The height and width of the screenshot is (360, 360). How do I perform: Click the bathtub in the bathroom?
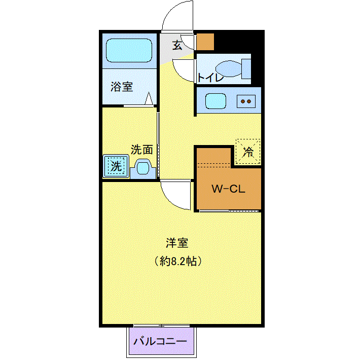pos(129,50)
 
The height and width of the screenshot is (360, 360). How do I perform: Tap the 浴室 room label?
pos(122,87)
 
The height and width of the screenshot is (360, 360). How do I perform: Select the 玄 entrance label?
pos(177,45)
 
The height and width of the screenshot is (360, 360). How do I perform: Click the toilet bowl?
pos(229,68)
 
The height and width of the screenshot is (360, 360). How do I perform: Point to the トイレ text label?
pos(210,78)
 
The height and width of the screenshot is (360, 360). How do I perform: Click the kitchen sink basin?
pos(215,101)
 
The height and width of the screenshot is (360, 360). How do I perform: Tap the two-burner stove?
pos(246,101)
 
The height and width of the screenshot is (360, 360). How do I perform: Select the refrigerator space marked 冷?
pos(248,152)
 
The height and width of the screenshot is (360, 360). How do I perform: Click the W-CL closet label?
pos(229,189)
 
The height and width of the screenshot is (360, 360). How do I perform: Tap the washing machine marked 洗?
pos(116,166)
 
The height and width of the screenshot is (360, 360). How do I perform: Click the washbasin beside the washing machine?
pos(143,169)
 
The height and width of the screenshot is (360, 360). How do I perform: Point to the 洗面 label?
pos(142,150)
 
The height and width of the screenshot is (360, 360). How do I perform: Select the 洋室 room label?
pos(177,243)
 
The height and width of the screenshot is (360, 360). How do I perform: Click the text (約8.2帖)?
pos(178,261)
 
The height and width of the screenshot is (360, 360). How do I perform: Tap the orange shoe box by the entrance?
pos(205,42)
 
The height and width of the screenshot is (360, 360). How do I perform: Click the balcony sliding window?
pos(162,326)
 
